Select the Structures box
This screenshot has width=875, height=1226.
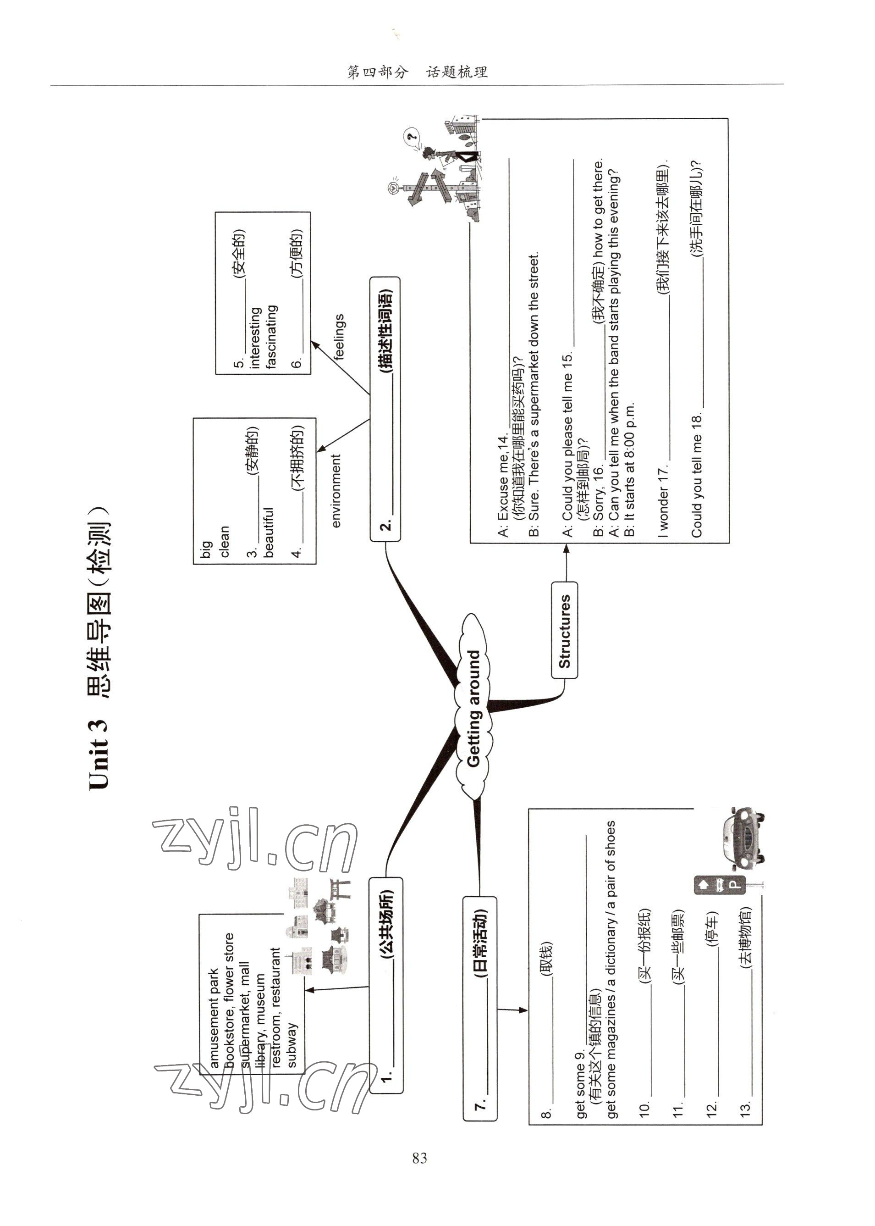(564, 630)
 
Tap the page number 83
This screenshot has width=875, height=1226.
(420, 1158)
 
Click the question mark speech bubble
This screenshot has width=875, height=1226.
(413, 136)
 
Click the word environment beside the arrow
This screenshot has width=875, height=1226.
(336, 491)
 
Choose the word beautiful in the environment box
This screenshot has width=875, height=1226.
(269, 532)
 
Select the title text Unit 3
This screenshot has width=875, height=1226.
(98, 755)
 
